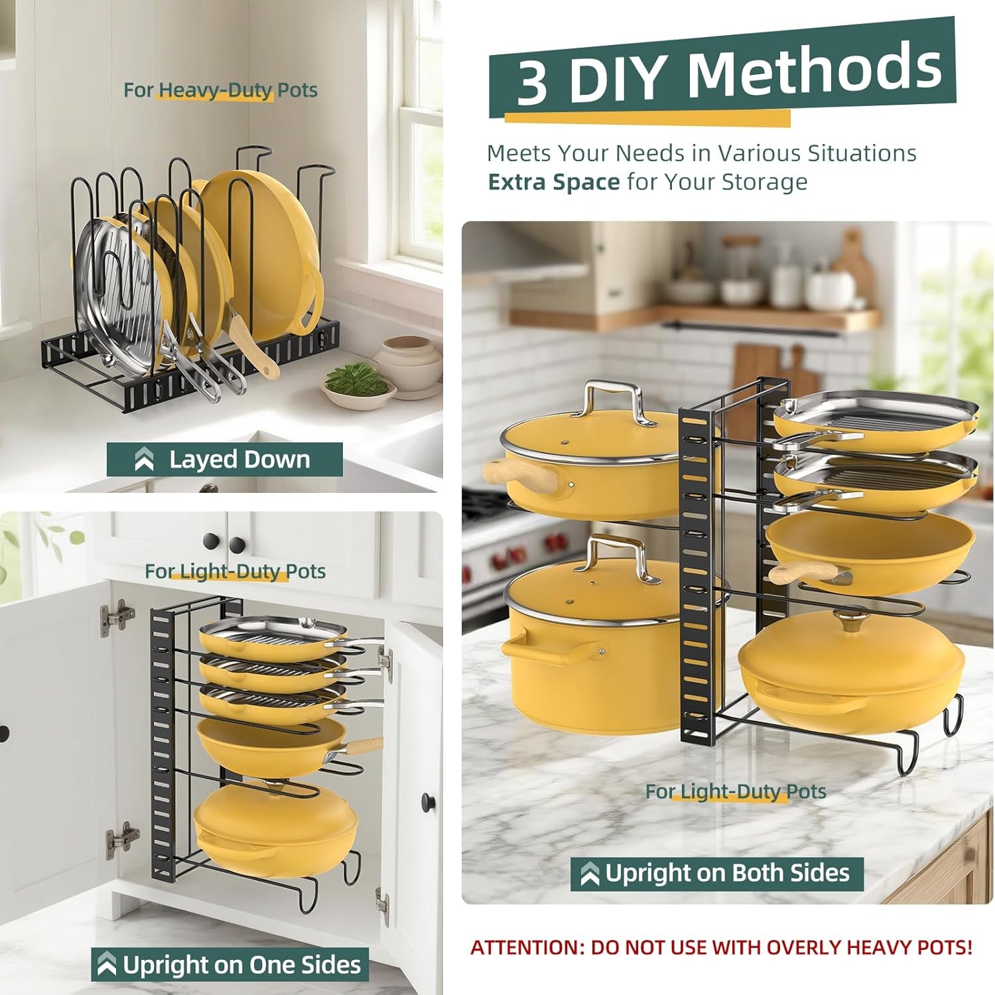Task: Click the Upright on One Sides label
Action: click(230, 964)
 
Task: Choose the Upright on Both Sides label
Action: click(717, 874)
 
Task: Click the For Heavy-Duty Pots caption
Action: click(220, 90)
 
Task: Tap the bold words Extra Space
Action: click(553, 182)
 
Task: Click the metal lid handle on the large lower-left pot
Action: click(618, 555)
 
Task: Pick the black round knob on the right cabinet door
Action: click(429, 803)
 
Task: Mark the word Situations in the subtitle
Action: click(862, 153)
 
